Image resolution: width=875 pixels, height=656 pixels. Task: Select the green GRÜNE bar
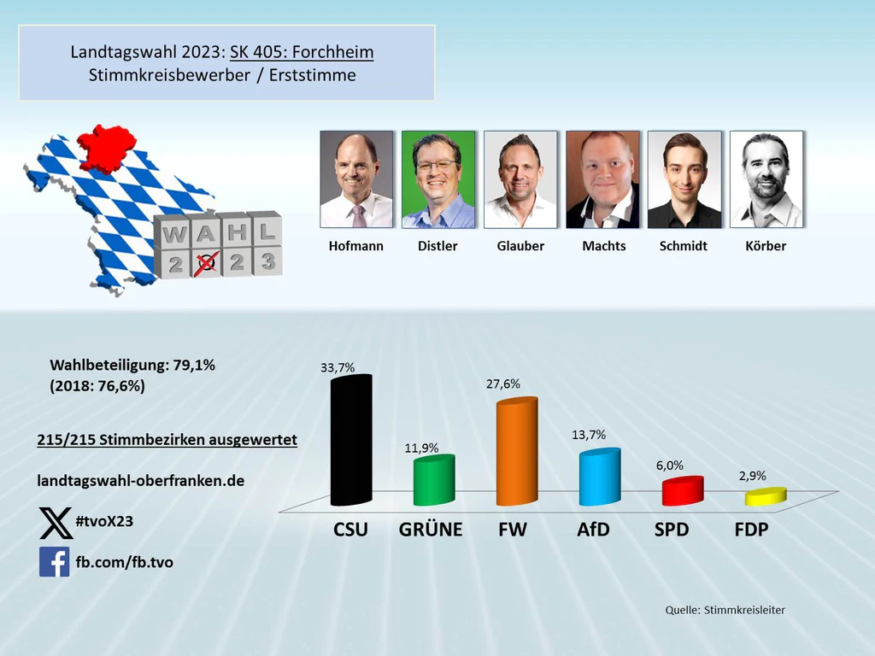point(433,481)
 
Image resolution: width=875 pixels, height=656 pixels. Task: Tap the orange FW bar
point(516,453)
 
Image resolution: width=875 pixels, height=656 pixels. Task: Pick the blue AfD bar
point(598,478)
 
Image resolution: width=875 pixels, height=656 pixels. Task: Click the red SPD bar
point(682,491)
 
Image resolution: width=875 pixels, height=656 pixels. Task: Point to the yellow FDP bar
point(764,496)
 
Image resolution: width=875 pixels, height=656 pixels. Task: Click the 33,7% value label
point(337,368)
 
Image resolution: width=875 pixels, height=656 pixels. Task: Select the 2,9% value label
point(751,476)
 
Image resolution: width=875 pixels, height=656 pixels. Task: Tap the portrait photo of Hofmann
point(356,179)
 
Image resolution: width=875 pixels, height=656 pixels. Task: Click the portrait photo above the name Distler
point(437,179)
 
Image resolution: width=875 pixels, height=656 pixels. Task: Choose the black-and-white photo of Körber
point(766,179)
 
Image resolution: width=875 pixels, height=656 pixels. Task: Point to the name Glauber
point(520,246)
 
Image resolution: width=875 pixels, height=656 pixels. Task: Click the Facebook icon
point(55,562)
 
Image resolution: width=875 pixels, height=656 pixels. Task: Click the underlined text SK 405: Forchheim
point(302,52)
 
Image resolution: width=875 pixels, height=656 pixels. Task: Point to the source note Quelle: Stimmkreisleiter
point(725,610)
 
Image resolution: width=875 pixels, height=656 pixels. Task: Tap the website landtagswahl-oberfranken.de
point(141,481)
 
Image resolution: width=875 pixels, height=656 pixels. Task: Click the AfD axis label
point(593,530)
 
